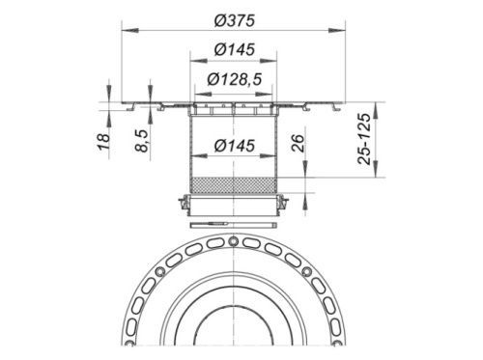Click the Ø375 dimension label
point(235,21)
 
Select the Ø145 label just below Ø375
point(235,49)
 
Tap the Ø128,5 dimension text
point(234,79)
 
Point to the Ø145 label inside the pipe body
point(235,146)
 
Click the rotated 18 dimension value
point(104,142)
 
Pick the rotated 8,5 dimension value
point(142,140)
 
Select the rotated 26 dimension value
point(298,143)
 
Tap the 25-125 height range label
point(364,139)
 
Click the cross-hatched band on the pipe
point(234,185)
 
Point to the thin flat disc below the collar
point(234,225)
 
